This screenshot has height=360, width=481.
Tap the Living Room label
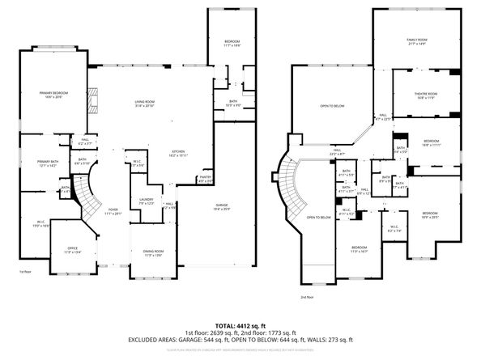[146, 103]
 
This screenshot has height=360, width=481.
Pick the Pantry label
[205, 179]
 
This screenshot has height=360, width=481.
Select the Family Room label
[415, 41]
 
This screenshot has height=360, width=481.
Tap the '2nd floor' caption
[307, 298]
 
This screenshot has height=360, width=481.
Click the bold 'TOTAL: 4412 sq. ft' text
[240, 324]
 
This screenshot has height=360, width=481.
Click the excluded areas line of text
[240, 339]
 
